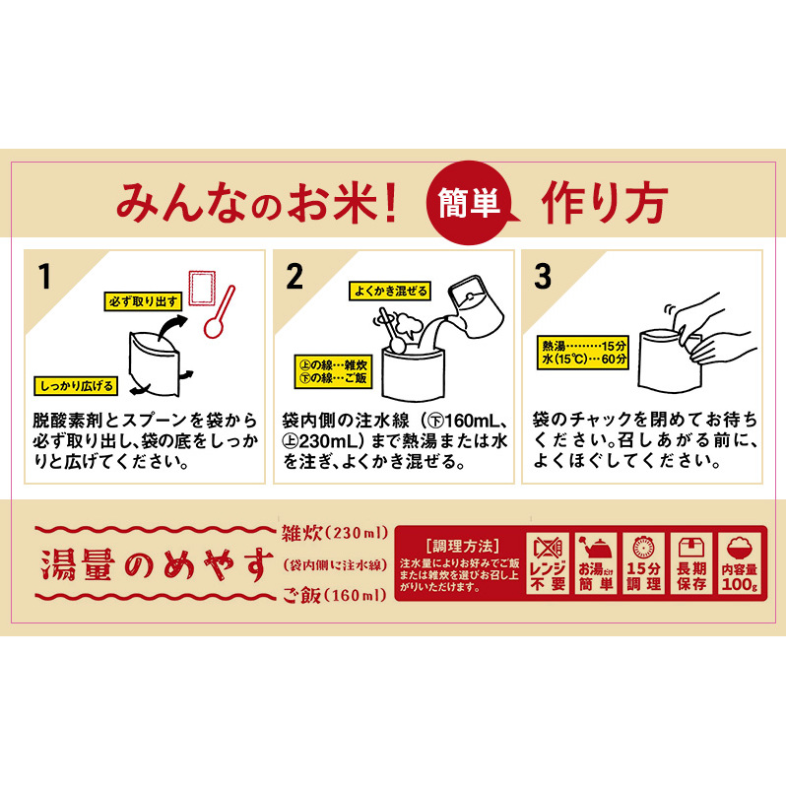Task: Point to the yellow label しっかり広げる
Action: point(76,384)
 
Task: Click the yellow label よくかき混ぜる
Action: point(389,291)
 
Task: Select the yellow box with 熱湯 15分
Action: point(584,351)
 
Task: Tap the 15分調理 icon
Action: point(643,564)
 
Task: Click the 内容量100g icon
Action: point(741,564)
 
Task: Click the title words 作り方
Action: point(603,202)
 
